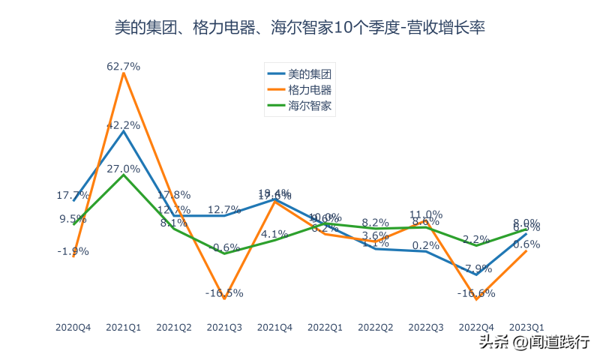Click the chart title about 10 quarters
coord(300,28)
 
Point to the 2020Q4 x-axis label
coord(73,328)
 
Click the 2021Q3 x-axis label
coord(224,328)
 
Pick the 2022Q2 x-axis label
coord(376,328)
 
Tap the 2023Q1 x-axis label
coord(526,328)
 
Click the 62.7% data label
coord(124,66)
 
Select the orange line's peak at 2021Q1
coord(124,73)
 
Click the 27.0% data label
coord(124,169)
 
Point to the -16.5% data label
coord(224,292)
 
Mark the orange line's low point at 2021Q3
coord(224,298)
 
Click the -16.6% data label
coord(476,293)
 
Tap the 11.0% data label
coord(425,214)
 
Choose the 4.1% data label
coord(274,233)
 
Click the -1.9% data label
coord(73,251)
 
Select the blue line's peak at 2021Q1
coord(124,131)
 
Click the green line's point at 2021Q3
coord(224,253)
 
